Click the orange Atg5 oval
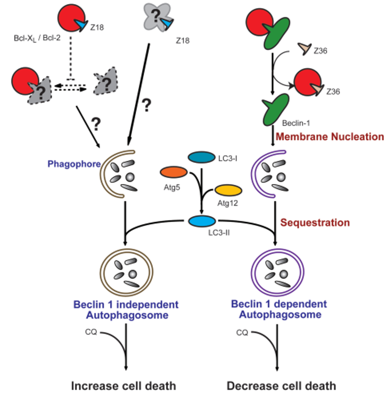[x=173, y=172]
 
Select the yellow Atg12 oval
[x=228, y=190]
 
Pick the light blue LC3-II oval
[x=201, y=221]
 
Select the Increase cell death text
[x=123, y=385]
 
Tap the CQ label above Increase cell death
[x=93, y=332]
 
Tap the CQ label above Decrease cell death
[x=242, y=332]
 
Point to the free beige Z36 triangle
[x=304, y=49]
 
